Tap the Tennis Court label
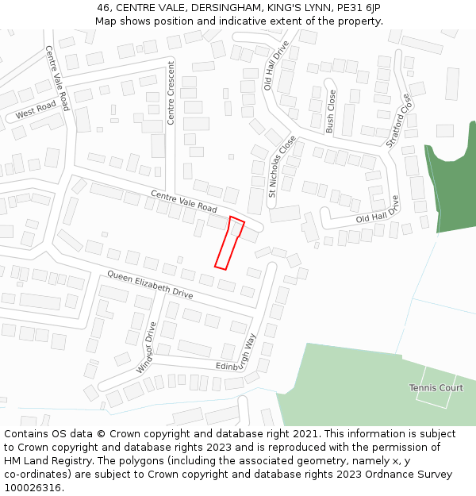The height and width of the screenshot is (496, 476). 436,387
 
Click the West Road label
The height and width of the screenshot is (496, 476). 36,110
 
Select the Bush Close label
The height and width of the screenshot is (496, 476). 331,110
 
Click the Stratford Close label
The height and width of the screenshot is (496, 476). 399,121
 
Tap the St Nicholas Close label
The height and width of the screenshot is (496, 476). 282,166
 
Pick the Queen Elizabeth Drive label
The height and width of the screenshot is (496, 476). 150,284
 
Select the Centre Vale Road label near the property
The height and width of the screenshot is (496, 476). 183,202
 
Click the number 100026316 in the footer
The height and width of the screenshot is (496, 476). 32,487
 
